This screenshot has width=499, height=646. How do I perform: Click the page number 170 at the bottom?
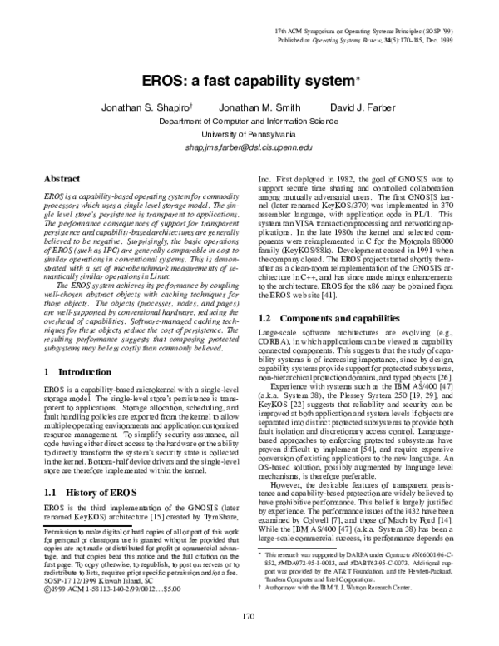pos(247,616)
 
